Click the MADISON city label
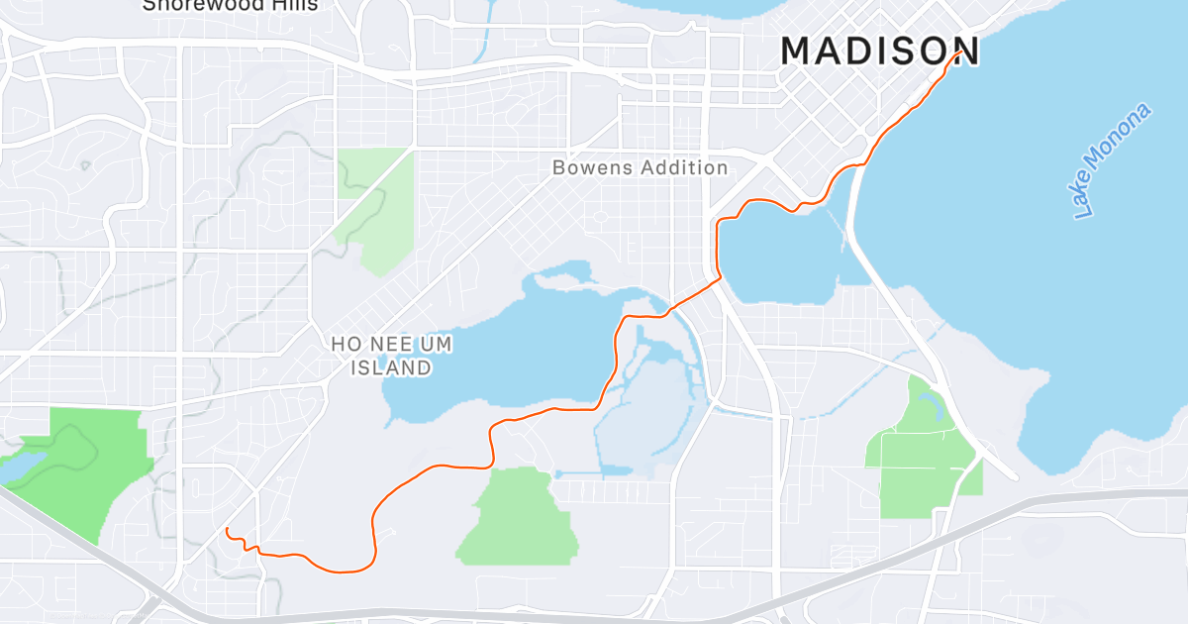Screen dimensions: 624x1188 click(880, 51)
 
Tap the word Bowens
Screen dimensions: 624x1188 click(591, 167)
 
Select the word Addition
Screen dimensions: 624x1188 click(683, 167)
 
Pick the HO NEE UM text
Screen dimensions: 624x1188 click(380, 344)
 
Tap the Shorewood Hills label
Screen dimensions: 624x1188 click(230, 5)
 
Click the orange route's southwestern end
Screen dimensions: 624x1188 click(227, 530)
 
